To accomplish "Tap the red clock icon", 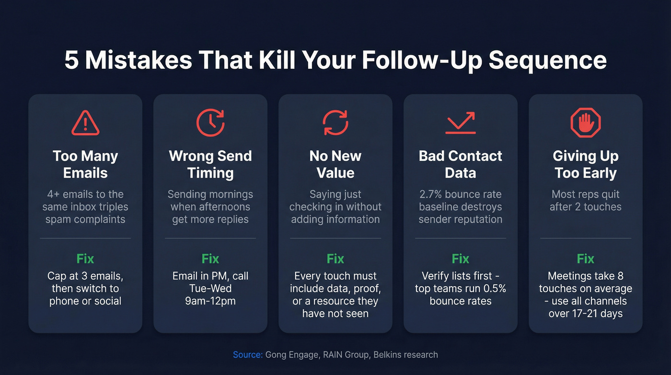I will (x=210, y=122).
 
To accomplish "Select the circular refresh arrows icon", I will (x=335, y=122).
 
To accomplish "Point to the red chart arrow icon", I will (x=460, y=122).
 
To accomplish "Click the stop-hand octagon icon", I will (x=585, y=122).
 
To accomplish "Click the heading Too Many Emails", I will (x=85, y=164).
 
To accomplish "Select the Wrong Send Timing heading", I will (x=210, y=164).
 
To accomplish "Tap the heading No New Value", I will (x=335, y=164).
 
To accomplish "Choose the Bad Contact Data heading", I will (x=460, y=164).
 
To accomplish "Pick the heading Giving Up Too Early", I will (x=585, y=164).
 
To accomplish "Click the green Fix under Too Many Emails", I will (x=85, y=259).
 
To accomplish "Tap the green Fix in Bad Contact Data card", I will (x=460, y=259).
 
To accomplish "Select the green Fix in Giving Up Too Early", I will (x=585, y=259).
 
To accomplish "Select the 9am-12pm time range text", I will (x=210, y=301).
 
